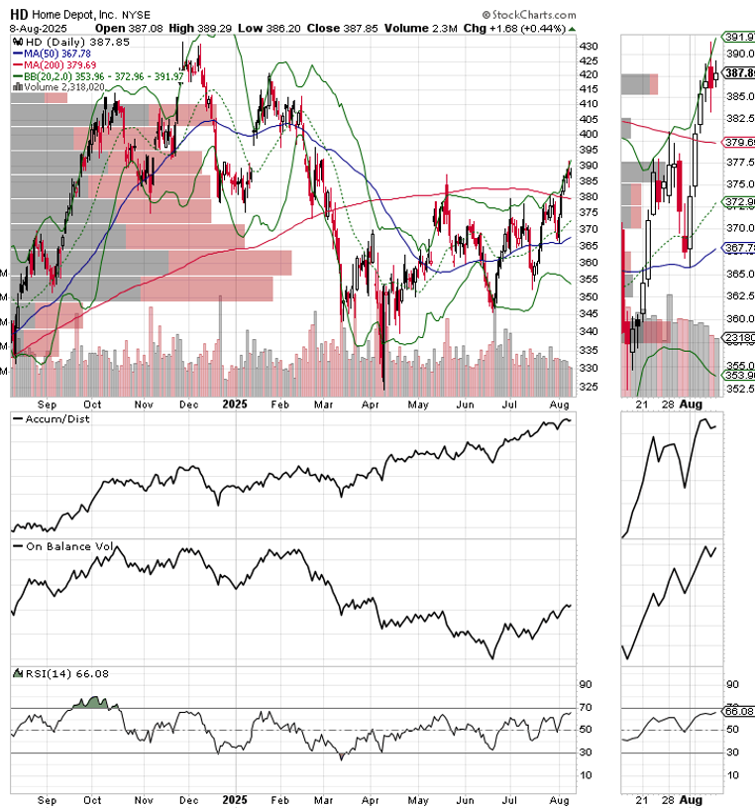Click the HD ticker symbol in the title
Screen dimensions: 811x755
pyautogui.click(x=19, y=14)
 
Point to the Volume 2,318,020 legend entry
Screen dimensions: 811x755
pyautogui.click(x=61, y=87)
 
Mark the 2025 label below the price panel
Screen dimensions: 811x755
pyautogui.click(x=234, y=405)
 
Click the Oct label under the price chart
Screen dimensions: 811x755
pyautogui.click(x=92, y=405)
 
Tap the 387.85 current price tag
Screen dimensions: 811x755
pyautogui.click(x=737, y=73)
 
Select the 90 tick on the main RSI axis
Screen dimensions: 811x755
pyautogui.click(x=585, y=684)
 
